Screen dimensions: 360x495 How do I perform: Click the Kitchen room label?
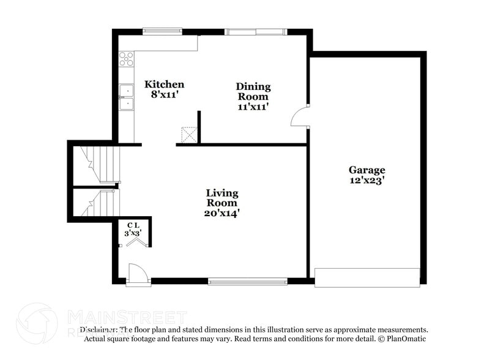[164, 84]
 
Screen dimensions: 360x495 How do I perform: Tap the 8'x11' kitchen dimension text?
[164, 95]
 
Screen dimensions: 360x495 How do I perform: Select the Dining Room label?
[253, 91]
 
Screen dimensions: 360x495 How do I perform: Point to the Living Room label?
[221, 198]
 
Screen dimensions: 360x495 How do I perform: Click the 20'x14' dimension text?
[221, 213]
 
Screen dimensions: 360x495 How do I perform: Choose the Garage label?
[367, 170]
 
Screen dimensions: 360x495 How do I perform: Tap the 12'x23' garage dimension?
[367, 181]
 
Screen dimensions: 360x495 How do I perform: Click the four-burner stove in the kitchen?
[126, 59]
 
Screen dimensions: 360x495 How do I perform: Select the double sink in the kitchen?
[126, 97]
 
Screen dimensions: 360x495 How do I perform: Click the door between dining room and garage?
[300, 117]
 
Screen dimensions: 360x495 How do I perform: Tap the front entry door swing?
[138, 274]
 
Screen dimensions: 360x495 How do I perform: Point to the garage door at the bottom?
[367, 277]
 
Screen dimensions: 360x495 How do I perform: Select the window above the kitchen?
[162, 31]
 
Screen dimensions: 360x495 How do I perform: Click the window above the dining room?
[256, 32]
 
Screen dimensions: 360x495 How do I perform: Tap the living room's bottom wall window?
[248, 282]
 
